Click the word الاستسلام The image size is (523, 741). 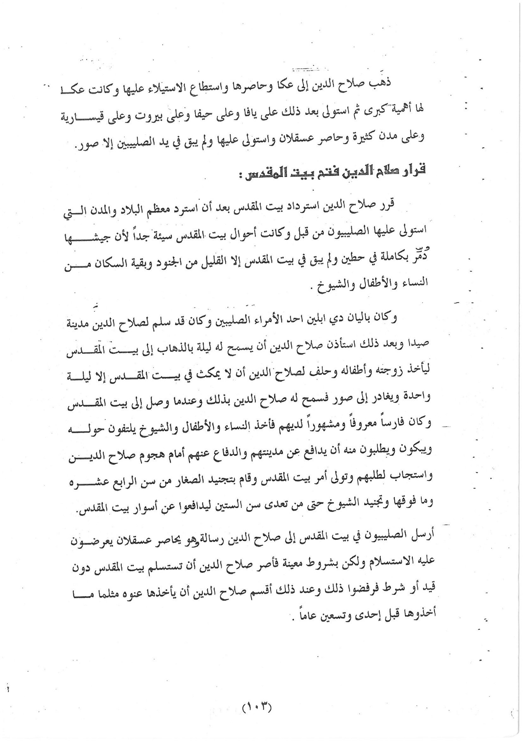click(x=400, y=562)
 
